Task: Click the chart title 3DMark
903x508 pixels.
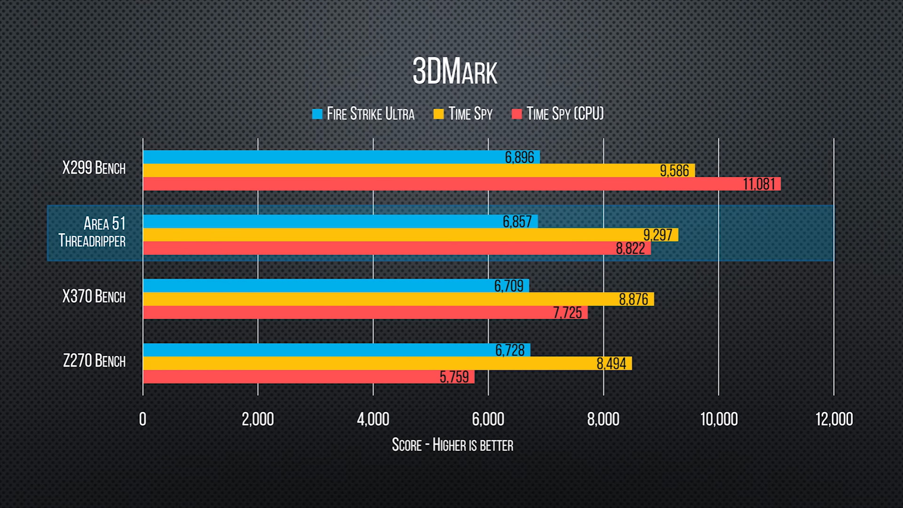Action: point(455,72)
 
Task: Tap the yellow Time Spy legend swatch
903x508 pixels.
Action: point(438,114)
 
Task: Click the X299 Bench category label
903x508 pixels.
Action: point(94,168)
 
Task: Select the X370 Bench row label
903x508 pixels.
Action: point(94,296)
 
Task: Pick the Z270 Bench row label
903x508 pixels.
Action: point(94,361)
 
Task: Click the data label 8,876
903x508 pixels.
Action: point(634,299)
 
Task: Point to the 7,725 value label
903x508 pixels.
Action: point(567,313)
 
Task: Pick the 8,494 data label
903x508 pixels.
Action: point(611,364)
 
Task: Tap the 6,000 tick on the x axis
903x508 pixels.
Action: point(488,419)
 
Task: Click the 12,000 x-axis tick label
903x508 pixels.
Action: point(834,419)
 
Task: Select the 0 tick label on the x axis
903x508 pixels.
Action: point(143,419)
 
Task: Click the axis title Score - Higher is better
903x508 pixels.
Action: point(452,445)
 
